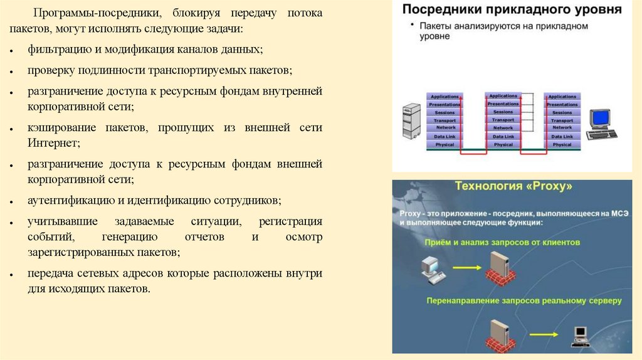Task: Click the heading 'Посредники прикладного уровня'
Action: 512,10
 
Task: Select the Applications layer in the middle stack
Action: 503,96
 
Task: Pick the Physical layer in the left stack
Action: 444,144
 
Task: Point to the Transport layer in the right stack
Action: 562,120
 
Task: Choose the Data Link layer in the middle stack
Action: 503,136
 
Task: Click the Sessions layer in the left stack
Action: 444,112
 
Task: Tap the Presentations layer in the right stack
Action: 562,104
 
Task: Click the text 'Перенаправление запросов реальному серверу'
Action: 524,301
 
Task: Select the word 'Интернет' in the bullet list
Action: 54,143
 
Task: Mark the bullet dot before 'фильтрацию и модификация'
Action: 13,50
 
